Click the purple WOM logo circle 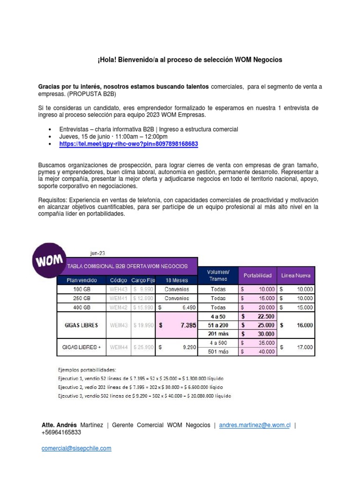point(48,260)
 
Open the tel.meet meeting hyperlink point(128,144)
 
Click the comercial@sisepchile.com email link point(76,448)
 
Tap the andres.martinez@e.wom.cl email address point(255,425)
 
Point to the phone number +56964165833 point(61,433)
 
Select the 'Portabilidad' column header point(257,276)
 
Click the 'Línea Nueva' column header point(295,276)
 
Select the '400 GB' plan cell point(80,307)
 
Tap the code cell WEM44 point(119,347)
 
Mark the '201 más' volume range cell point(218,334)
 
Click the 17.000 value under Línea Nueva point(296,347)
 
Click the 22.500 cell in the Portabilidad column point(257,316)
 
